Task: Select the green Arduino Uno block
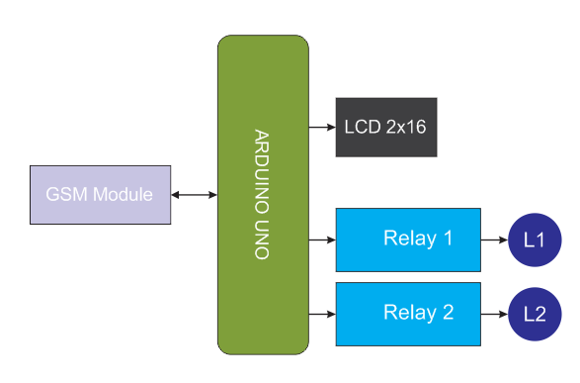click(263, 194)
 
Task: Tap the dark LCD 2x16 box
click(386, 128)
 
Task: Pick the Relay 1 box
click(408, 239)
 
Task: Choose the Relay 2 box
click(408, 313)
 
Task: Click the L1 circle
click(535, 239)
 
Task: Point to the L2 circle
click(535, 314)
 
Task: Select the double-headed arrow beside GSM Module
click(194, 195)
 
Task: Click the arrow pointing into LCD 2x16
click(322, 128)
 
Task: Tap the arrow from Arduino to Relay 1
click(322, 239)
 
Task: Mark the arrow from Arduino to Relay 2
click(322, 314)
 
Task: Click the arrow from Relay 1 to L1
click(495, 239)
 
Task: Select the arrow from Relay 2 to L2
click(495, 314)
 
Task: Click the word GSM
click(67, 194)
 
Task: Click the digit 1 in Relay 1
click(448, 239)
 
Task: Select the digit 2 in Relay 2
click(448, 313)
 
